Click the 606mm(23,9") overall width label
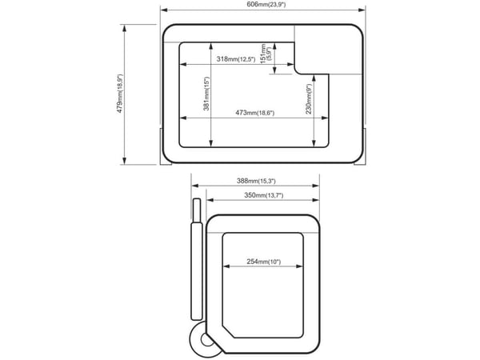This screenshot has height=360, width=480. pos(266,5)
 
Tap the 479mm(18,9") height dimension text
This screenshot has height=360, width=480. pos(120,94)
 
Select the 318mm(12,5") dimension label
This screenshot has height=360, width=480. pos(236,59)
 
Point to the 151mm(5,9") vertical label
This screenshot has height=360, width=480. pos(265,54)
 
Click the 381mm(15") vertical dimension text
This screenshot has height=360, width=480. pos(206,94)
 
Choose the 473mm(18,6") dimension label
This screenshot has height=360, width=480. pos(254,113)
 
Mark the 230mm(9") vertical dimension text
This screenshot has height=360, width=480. pos(309,98)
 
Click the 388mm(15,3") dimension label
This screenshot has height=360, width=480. pos(256,182)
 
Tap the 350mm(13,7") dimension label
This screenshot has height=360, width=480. pos(263,195)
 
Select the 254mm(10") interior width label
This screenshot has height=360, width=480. pos(263,262)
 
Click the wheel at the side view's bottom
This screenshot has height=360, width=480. pos(204,339)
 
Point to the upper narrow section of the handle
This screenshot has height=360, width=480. pos(197,210)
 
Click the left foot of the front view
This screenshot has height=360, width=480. pos(166,147)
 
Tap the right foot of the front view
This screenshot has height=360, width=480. pos(360,147)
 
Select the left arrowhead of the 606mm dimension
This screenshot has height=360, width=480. pos(164,10)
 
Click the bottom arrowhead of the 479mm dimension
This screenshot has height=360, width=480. pos(124,161)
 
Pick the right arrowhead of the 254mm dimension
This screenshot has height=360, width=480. pos(299,266)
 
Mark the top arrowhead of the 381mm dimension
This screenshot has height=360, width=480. pos(210,46)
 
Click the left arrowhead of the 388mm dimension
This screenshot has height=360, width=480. pos(195,186)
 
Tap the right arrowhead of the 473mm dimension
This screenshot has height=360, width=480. pos(325,118)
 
